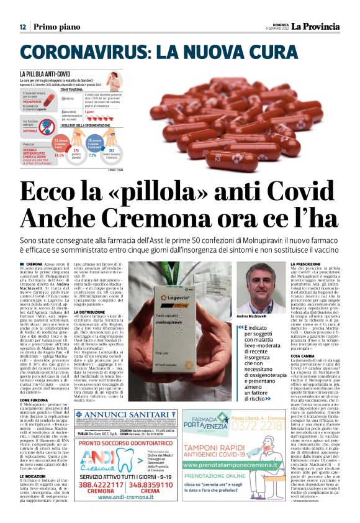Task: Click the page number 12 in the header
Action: (22, 27)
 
